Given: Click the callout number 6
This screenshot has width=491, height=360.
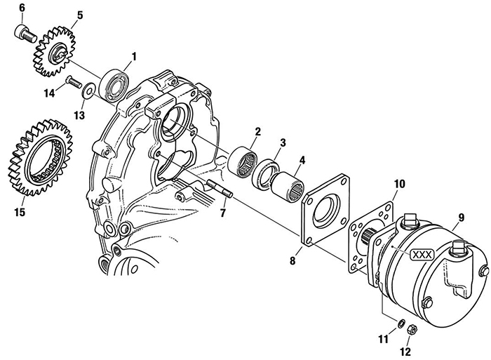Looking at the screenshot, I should pyautogui.click(x=21, y=8).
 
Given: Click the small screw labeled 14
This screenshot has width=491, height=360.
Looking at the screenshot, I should pyautogui.click(x=72, y=81).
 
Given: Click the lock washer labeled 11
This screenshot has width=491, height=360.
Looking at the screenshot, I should pyautogui.click(x=399, y=323).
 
